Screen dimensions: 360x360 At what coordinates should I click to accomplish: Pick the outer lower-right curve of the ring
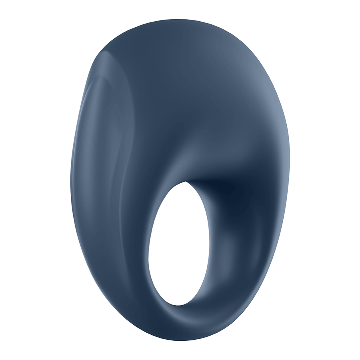256,280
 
